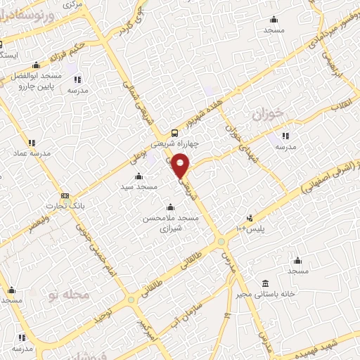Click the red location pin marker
[x=181, y=166]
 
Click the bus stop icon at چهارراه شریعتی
[x=174, y=133]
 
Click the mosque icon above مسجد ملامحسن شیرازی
[x=170, y=207]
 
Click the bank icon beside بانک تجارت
[x=65, y=195]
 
